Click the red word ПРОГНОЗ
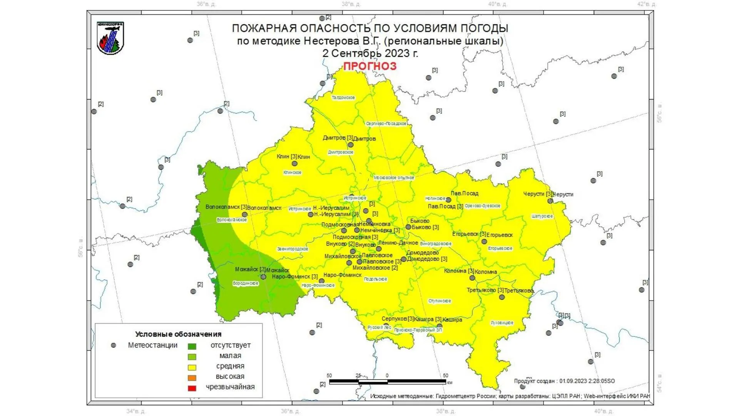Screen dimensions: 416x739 (x=369, y=66)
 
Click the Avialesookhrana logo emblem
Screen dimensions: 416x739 (x=110, y=38)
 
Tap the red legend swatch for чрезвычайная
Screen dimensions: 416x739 (x=192, y=388)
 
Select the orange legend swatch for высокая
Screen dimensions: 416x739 (x=192, y=377)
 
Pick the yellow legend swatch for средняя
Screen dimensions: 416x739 (x=192, y=367)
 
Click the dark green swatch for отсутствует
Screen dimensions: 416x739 (x=192, y=346)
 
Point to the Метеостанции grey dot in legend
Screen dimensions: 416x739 (x=114, y=346)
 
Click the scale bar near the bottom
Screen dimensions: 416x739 (x=387, y=382)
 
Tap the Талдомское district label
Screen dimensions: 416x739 (x=343, y=98)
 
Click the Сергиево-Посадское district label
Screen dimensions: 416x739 (x=386, y=124)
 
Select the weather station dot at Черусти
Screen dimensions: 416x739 (x=550, y=201)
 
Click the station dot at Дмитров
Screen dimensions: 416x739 (x=351, y=145)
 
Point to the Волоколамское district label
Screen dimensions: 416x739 (x=232, y=220)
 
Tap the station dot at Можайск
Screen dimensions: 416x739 (x=263, y=277)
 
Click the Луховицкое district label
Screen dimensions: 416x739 (x=502, y=323)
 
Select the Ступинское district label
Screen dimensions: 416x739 (x=440, y=301)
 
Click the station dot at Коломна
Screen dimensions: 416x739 (x=472, y=278)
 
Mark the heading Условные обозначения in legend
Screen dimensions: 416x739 (x=178, y=334)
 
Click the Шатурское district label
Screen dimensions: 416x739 (x=542, y=216)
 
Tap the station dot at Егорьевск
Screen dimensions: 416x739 (x=484, y=242)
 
